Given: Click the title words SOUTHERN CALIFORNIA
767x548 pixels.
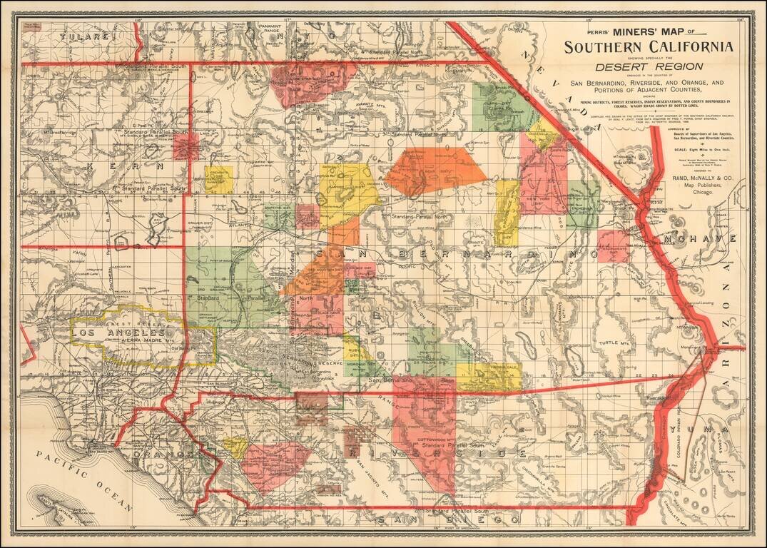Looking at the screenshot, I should tap(648, 47).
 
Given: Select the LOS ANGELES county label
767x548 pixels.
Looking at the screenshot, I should tap(120, 333).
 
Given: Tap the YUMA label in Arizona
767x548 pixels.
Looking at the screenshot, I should tap(728, 430).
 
